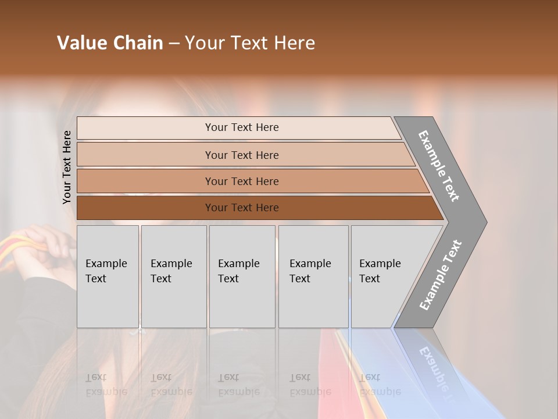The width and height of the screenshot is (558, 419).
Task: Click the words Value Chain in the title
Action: (x=110, y=43)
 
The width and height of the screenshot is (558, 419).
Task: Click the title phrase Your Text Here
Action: (x=250, y=43)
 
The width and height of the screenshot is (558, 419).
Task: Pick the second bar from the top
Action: (x=242, y=155)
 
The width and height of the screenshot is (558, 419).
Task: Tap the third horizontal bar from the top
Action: (x=242, y=181)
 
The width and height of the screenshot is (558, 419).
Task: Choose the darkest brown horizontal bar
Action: (x=242, y=208)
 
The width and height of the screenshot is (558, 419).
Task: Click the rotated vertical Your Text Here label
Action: (x=67, y=167)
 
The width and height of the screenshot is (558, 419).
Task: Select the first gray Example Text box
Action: (x=108, y=276)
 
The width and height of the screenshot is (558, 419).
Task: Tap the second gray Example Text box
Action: (x=173, y=276)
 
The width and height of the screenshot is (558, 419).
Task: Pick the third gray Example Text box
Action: (x=242, y=276)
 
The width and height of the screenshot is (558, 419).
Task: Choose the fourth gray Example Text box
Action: (x=313, y=276)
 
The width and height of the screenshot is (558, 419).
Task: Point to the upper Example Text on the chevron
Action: (x=439, y=166)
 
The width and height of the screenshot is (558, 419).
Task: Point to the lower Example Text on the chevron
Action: (x=441, y=275)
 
